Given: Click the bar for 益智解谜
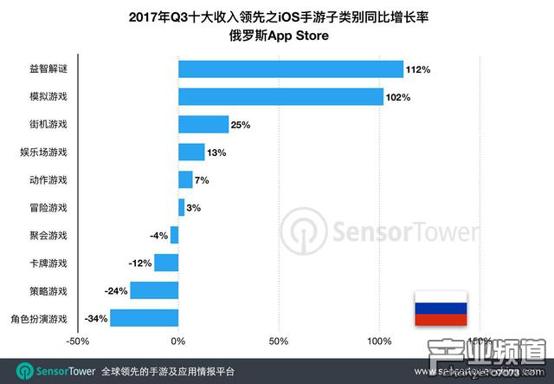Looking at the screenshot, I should pos(290,69).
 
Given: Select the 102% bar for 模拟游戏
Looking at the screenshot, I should pos(280,97).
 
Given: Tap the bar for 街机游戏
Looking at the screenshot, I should pos(203,124).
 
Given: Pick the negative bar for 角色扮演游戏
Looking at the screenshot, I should pos(144,318).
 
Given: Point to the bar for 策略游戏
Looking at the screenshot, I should pos(154,290).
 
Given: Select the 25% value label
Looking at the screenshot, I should pos(241,125).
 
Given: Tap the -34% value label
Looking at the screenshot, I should pos(97,318).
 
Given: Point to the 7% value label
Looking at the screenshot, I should pos(202,180).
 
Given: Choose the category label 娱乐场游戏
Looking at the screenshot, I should pos(43,153).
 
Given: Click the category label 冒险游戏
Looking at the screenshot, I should pos(48,208).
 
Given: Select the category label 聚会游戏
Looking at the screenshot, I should pos(48,236).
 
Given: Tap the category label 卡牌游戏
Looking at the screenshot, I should pos(48,264).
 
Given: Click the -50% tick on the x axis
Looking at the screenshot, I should pos(78,341).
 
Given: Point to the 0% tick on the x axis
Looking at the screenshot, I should pos(178,341).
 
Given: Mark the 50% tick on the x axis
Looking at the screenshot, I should pos(279,341).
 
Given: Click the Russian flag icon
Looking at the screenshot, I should pos(438,308).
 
